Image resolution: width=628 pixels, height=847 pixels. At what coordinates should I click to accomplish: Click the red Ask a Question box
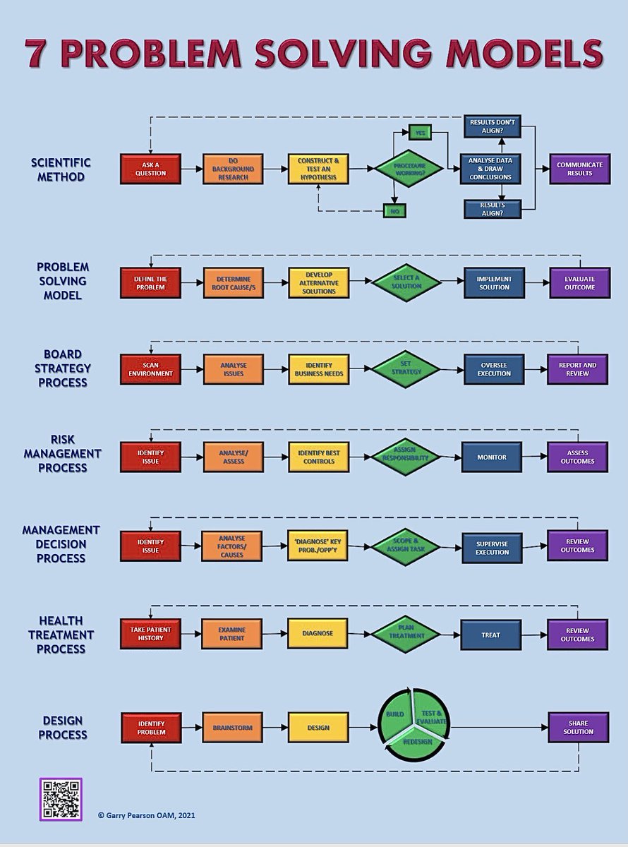150,169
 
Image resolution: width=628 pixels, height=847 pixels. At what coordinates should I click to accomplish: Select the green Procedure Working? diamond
409,169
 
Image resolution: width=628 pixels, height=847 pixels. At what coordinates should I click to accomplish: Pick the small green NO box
394,210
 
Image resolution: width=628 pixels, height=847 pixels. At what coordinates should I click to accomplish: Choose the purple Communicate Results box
579,169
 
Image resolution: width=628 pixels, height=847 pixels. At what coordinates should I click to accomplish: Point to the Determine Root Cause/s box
234,282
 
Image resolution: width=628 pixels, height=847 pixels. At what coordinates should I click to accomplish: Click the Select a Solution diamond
406,282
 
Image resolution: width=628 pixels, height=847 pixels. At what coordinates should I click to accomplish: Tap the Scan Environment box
150,369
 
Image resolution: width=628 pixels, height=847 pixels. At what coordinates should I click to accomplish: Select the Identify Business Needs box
318,369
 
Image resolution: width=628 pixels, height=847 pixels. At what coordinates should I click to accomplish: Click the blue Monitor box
491,457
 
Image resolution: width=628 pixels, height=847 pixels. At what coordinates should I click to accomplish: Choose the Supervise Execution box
492,547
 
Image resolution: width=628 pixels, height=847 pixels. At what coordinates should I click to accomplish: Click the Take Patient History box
150,633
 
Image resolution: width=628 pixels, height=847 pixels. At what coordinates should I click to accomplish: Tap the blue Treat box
491,635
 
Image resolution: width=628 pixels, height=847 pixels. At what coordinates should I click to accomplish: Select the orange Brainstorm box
233,727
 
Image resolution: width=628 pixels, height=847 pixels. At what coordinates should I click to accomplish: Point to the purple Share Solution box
579,727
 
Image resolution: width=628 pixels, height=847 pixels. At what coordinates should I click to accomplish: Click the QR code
60,800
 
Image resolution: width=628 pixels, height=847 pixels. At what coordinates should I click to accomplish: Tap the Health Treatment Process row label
61,635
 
